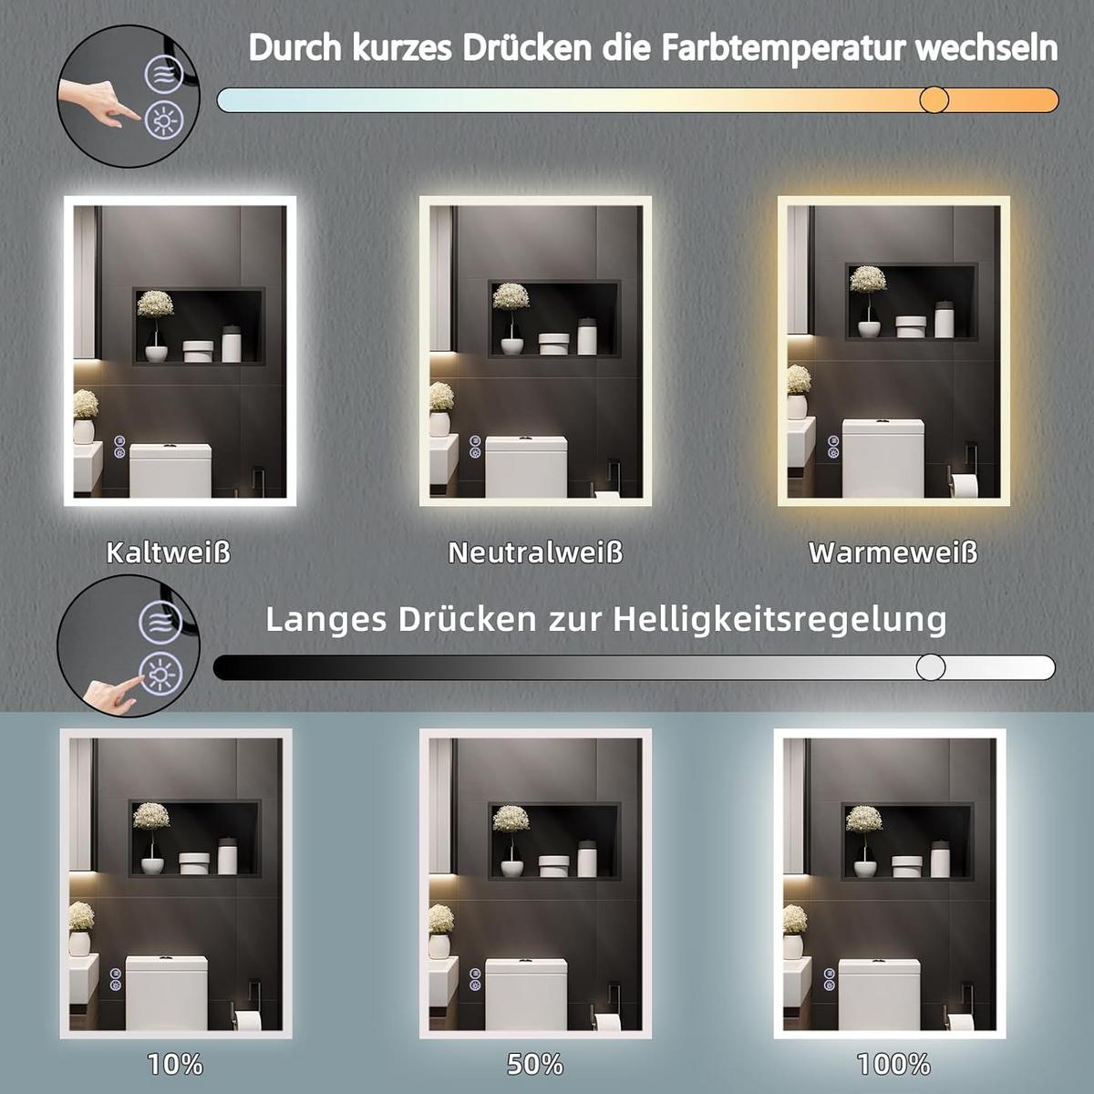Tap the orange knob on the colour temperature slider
coord(934,100)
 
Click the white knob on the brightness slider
coord(931,666)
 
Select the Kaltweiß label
coord(169,552)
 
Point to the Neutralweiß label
coord(535,552)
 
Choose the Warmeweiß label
coord(893,552)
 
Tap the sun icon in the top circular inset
coord(165,119)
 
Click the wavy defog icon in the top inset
coord(163,74)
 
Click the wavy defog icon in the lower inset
coord(161,623)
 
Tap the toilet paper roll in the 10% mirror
coord(248,1020)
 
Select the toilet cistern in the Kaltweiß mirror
coord(170,470)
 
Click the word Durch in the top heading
coord(295,49)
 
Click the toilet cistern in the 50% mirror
coord(526,994)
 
